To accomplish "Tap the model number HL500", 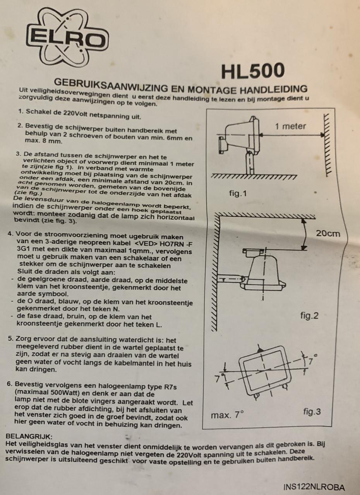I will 253,71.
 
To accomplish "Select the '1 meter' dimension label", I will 290,126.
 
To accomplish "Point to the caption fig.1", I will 238,193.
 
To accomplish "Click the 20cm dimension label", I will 327,233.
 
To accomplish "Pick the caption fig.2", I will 309,316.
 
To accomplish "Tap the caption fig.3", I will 312,411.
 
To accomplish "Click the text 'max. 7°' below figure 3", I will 227,415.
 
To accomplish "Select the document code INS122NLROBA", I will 314,487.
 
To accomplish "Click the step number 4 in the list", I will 11,234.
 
